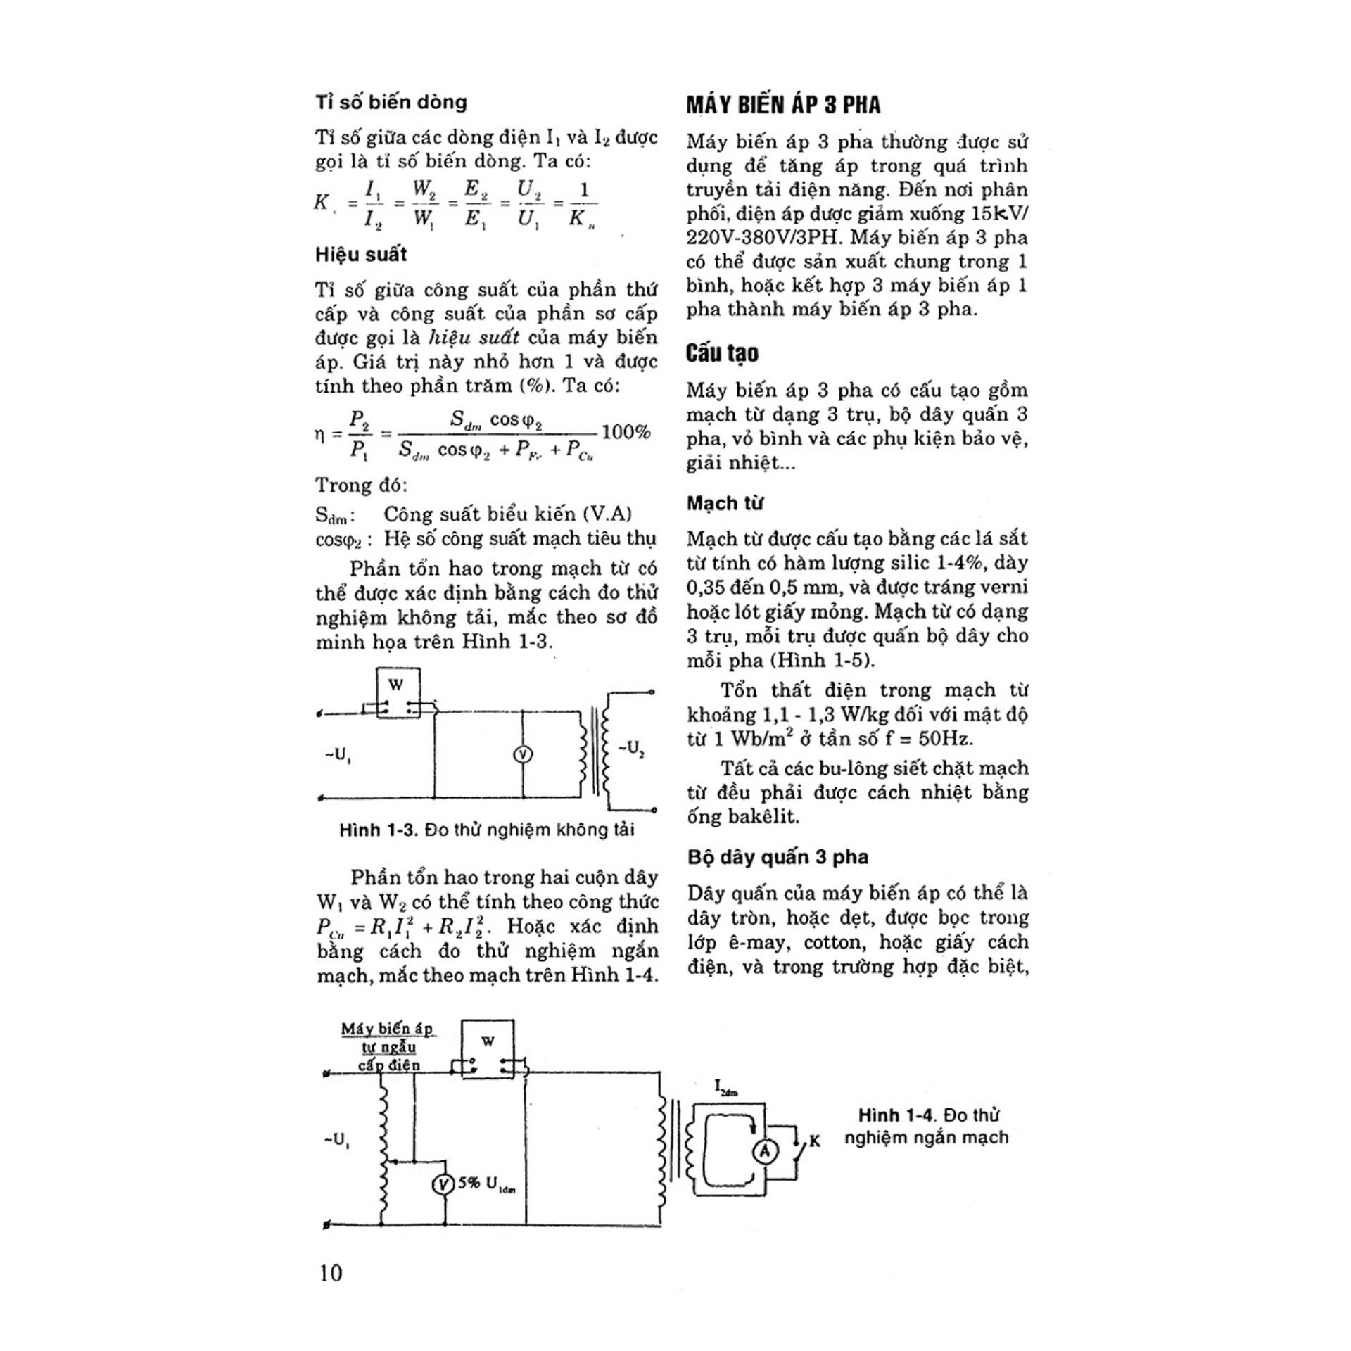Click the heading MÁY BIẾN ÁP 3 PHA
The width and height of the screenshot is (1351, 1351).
tap(783, 105)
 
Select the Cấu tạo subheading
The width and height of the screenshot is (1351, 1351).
tap(722, 353)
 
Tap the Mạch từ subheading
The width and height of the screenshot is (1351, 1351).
tap(725, 503)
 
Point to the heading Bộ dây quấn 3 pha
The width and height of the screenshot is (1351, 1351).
tap(778, 857)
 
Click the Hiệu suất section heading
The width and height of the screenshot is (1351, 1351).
tap(361, 254)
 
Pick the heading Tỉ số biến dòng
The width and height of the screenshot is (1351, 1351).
tap(391, 102)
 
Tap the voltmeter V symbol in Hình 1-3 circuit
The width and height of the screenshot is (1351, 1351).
tap(522, 755)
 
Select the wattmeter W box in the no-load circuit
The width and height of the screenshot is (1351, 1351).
tap(397, 693)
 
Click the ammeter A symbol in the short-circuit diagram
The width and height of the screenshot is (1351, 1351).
tap(766, 1152)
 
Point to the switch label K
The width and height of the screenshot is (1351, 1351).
tap(815, 1141)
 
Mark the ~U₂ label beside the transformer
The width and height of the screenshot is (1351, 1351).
tap(631, 748)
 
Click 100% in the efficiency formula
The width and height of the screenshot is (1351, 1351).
tap(626, 431)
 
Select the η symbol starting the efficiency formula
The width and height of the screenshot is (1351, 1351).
tap(320, 433)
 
